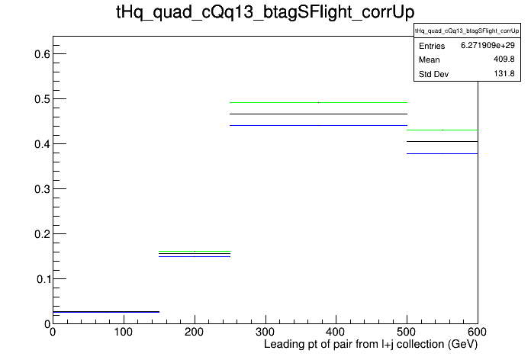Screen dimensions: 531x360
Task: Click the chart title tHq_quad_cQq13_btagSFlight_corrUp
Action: [x=265, y=13]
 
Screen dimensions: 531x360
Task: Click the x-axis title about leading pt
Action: [x=371, y=345]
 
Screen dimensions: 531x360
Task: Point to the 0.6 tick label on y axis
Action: [x=42, y=54]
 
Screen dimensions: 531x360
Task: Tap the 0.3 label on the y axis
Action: [x=42, y=189]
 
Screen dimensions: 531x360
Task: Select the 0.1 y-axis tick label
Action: [x=43, y=279]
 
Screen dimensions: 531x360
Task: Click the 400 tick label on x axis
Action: [x=336, y=332]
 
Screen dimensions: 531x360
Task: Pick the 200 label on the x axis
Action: [x=195, y=332]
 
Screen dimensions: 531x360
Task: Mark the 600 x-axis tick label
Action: [x=477, y=332]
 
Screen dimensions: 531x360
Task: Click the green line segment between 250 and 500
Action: [x=318, y=102]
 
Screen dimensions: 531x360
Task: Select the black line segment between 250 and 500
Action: [x=318, y=114]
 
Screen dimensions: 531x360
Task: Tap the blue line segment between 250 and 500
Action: [x=318, y=125]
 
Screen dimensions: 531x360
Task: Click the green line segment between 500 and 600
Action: [x=443, y=130]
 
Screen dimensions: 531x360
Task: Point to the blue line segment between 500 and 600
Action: [x=443, y=153]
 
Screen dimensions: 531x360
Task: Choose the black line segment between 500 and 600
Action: [x=443, y=141]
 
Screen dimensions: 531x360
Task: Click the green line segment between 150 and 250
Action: [x=195, y=251]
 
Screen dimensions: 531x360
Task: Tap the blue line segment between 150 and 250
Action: [x=195, y=256]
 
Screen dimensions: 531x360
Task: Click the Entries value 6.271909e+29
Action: [x=488, y=45]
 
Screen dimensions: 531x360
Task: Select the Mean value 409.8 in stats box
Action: [x=504, y=59]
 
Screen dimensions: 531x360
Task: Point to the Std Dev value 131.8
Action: [x=504, y=73]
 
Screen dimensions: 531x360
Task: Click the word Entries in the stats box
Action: [x=432, y=46]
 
